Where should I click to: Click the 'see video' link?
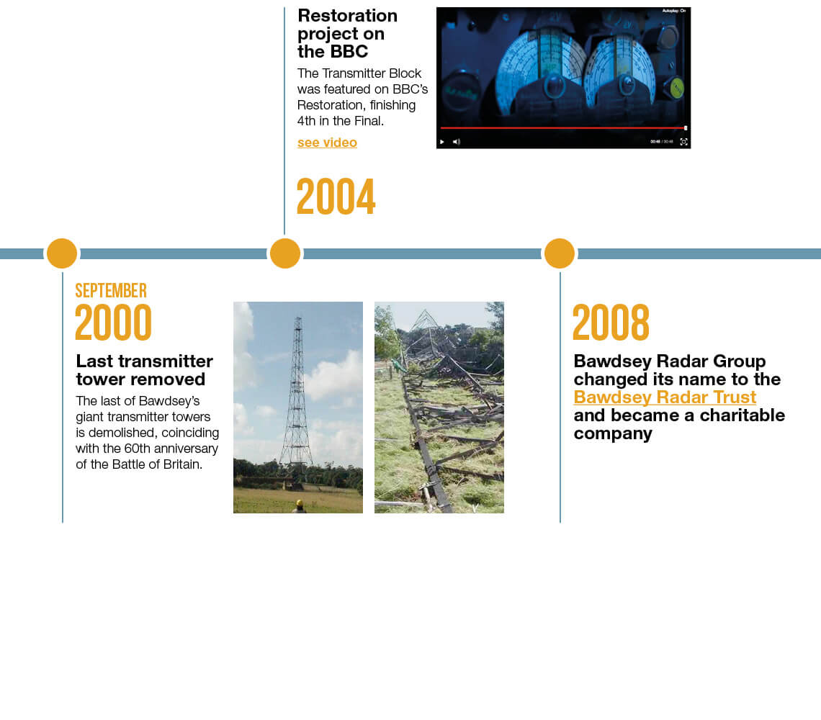pos(327,143)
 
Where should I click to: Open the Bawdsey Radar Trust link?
pos(665,397)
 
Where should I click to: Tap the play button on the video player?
pos(442,142)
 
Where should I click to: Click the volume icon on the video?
pos(457,142)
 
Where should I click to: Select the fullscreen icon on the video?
pos(684,142)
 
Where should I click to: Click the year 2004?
pos(336,197)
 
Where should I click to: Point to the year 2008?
pos(611,323)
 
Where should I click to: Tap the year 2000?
pos(114,323)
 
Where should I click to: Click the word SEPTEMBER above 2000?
pos(111,291)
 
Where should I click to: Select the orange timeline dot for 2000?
pos(62,253)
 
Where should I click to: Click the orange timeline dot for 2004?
pos(285,253)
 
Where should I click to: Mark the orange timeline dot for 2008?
pos(560,253)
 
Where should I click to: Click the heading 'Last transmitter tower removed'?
pos(145,370)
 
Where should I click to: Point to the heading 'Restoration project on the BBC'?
pos(348,34)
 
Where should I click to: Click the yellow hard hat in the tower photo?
pos(300,504)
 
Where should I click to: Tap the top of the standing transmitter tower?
pos(298,317)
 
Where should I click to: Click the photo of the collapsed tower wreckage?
pos(439,408)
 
